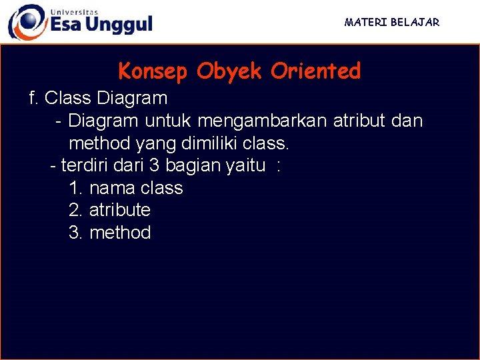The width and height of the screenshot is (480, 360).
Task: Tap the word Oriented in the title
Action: (315, 71)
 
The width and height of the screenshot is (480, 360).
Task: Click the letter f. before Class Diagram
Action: (34, 99)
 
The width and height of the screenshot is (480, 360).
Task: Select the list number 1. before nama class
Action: (75, 188)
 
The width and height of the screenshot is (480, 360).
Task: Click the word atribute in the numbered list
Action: (120, 210)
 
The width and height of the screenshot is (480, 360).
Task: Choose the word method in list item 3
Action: (120, 233)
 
